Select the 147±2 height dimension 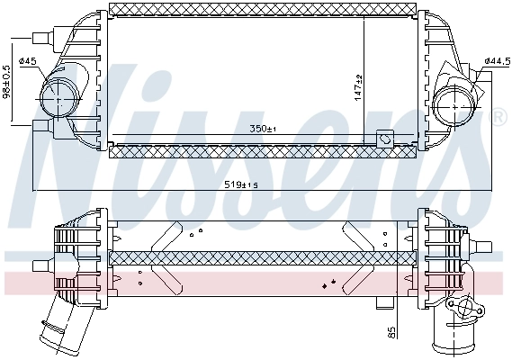(x=357, y=85)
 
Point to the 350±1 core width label (x=264, y=129)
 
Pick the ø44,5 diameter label (x=496, y=60)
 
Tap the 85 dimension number (x=390, y=332)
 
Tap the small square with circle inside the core (x=386, y=139)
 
